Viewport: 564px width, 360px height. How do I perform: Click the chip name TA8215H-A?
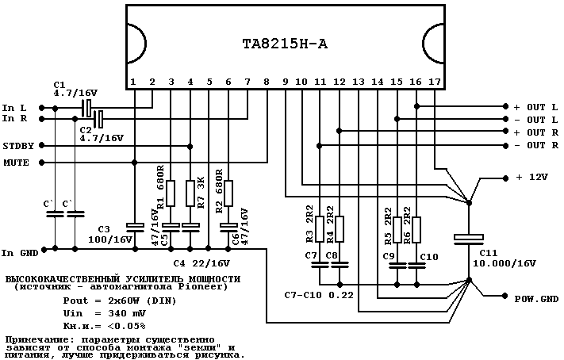pyautogui.click(x=285, y=44)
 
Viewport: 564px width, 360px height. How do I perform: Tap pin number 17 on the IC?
pyautogui.click(x=435, y=82)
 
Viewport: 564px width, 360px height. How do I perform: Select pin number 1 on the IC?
pyautogui.click(x=133, y=82)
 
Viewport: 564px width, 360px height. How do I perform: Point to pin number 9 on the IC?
pyautogui.click(x=285, y=82)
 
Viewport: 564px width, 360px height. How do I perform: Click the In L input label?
pyautogui.click(x=15, y=107)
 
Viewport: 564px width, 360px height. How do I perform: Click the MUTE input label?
pyautogui.click(x=16, y=163)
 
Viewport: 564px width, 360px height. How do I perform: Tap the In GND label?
pyautogui.click(x=19, y=253)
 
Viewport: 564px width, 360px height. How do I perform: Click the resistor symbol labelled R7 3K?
pyautogui.click(x=190, y=192)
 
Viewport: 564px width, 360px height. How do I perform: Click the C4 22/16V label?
pyautogui.click(x=200, y=262)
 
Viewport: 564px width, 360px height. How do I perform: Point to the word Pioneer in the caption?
pyautogui.click(x=208, y=286)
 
